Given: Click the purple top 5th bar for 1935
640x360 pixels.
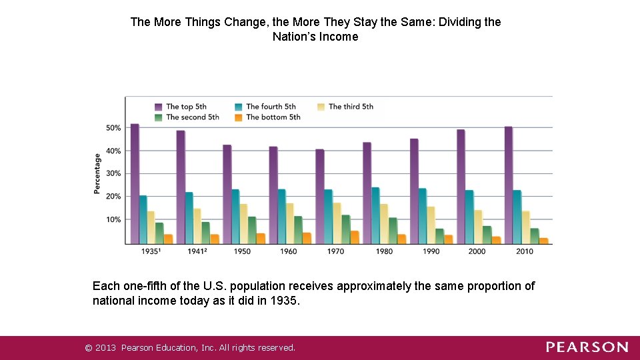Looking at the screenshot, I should coord(135,184).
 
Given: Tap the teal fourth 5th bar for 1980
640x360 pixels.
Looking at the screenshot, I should coord(375,215).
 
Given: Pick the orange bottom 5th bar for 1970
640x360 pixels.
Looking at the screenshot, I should coord(355,237).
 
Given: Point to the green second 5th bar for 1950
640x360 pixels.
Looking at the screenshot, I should coord(252,230).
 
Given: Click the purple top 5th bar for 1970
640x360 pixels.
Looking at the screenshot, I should coord(320,197).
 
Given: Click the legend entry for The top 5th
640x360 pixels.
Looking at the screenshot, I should coord(181,107).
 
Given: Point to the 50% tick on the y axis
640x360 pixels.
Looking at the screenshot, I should coord(113,128).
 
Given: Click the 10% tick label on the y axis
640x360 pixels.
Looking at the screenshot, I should coord(113,220).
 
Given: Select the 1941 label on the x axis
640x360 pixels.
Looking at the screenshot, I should coord(196,252).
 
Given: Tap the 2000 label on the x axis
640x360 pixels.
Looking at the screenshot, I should coord(477,252).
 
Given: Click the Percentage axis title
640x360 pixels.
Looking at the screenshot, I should coord(97,174).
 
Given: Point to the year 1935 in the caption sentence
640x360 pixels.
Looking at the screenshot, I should coord(287,301).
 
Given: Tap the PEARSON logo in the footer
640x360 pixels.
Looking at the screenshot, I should coord(587,347).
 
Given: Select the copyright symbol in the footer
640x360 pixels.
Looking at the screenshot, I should coord(87,347).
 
